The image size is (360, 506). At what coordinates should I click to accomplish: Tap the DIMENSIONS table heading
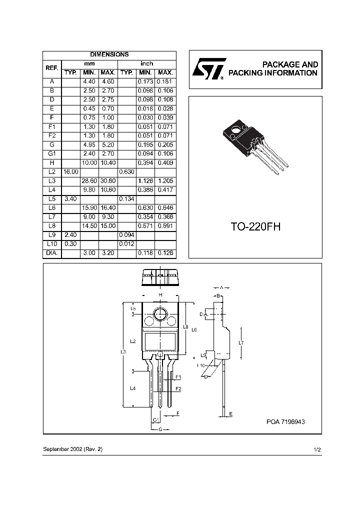tap(109, 54)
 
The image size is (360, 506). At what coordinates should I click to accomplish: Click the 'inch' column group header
tap(146, 63)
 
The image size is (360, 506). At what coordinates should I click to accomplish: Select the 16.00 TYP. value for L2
tap(71, 172)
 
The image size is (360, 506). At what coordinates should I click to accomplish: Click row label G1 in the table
tap(52, 154)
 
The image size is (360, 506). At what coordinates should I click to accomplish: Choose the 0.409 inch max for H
tap(165, 163)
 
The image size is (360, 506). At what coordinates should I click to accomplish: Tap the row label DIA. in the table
tap(52, 253)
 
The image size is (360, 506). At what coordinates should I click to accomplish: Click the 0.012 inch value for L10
tap(126, 244)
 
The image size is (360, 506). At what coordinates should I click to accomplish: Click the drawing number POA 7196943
tap(285, 422)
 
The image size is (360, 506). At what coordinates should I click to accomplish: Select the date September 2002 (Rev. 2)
tap(72, 449)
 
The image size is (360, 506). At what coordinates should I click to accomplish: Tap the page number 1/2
tap(316, 449)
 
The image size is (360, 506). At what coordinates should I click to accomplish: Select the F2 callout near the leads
tap(177, 388)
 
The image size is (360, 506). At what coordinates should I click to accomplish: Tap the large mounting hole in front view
tap(160, 314)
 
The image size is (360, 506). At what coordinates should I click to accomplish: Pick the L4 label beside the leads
tap(132, 388)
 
